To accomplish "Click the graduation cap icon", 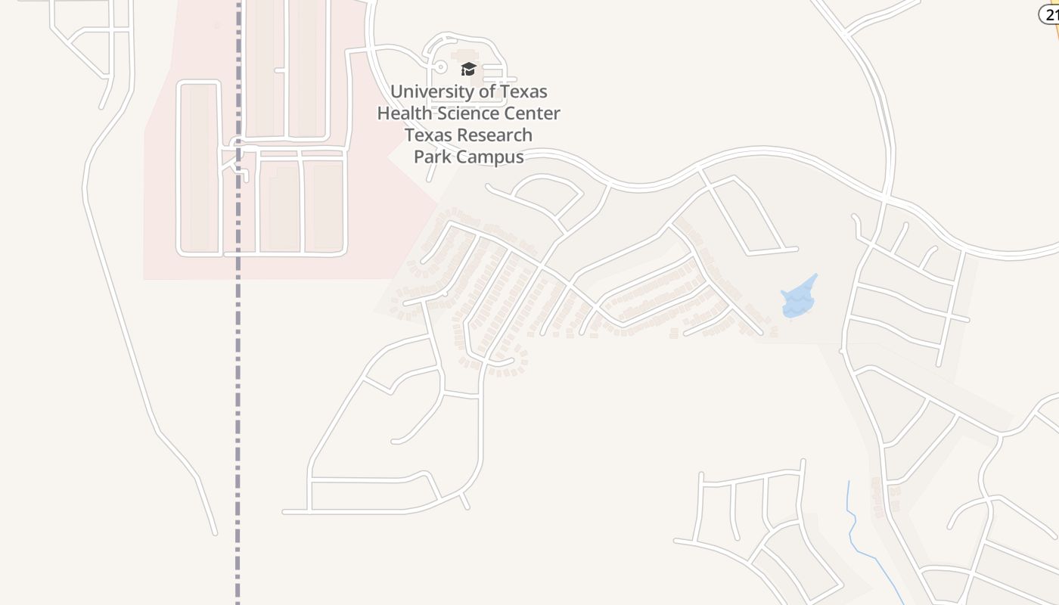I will (x=468, y=70).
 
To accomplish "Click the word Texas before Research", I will (x=429, y=135).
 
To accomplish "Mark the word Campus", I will (x=489, y=157).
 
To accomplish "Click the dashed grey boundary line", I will (x=238, y=378).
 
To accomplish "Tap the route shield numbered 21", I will (x=1050, y=14).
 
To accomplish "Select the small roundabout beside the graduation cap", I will (x=441, y=67).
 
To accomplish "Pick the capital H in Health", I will (x=384, y=113).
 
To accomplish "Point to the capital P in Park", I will (x=418, y=157).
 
